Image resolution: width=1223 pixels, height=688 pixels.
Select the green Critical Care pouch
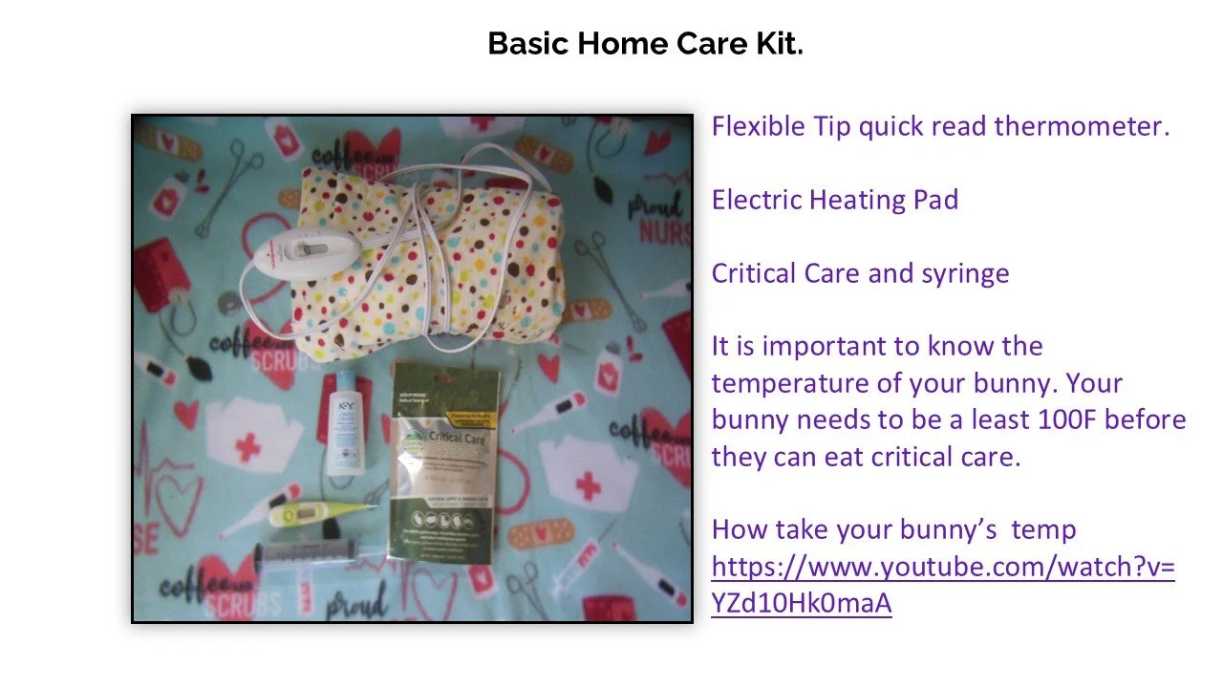[x=446, y=458]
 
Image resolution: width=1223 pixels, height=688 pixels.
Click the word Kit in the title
[x=780, y=44]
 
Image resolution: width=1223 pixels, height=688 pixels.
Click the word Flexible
[x=759, y=126]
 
